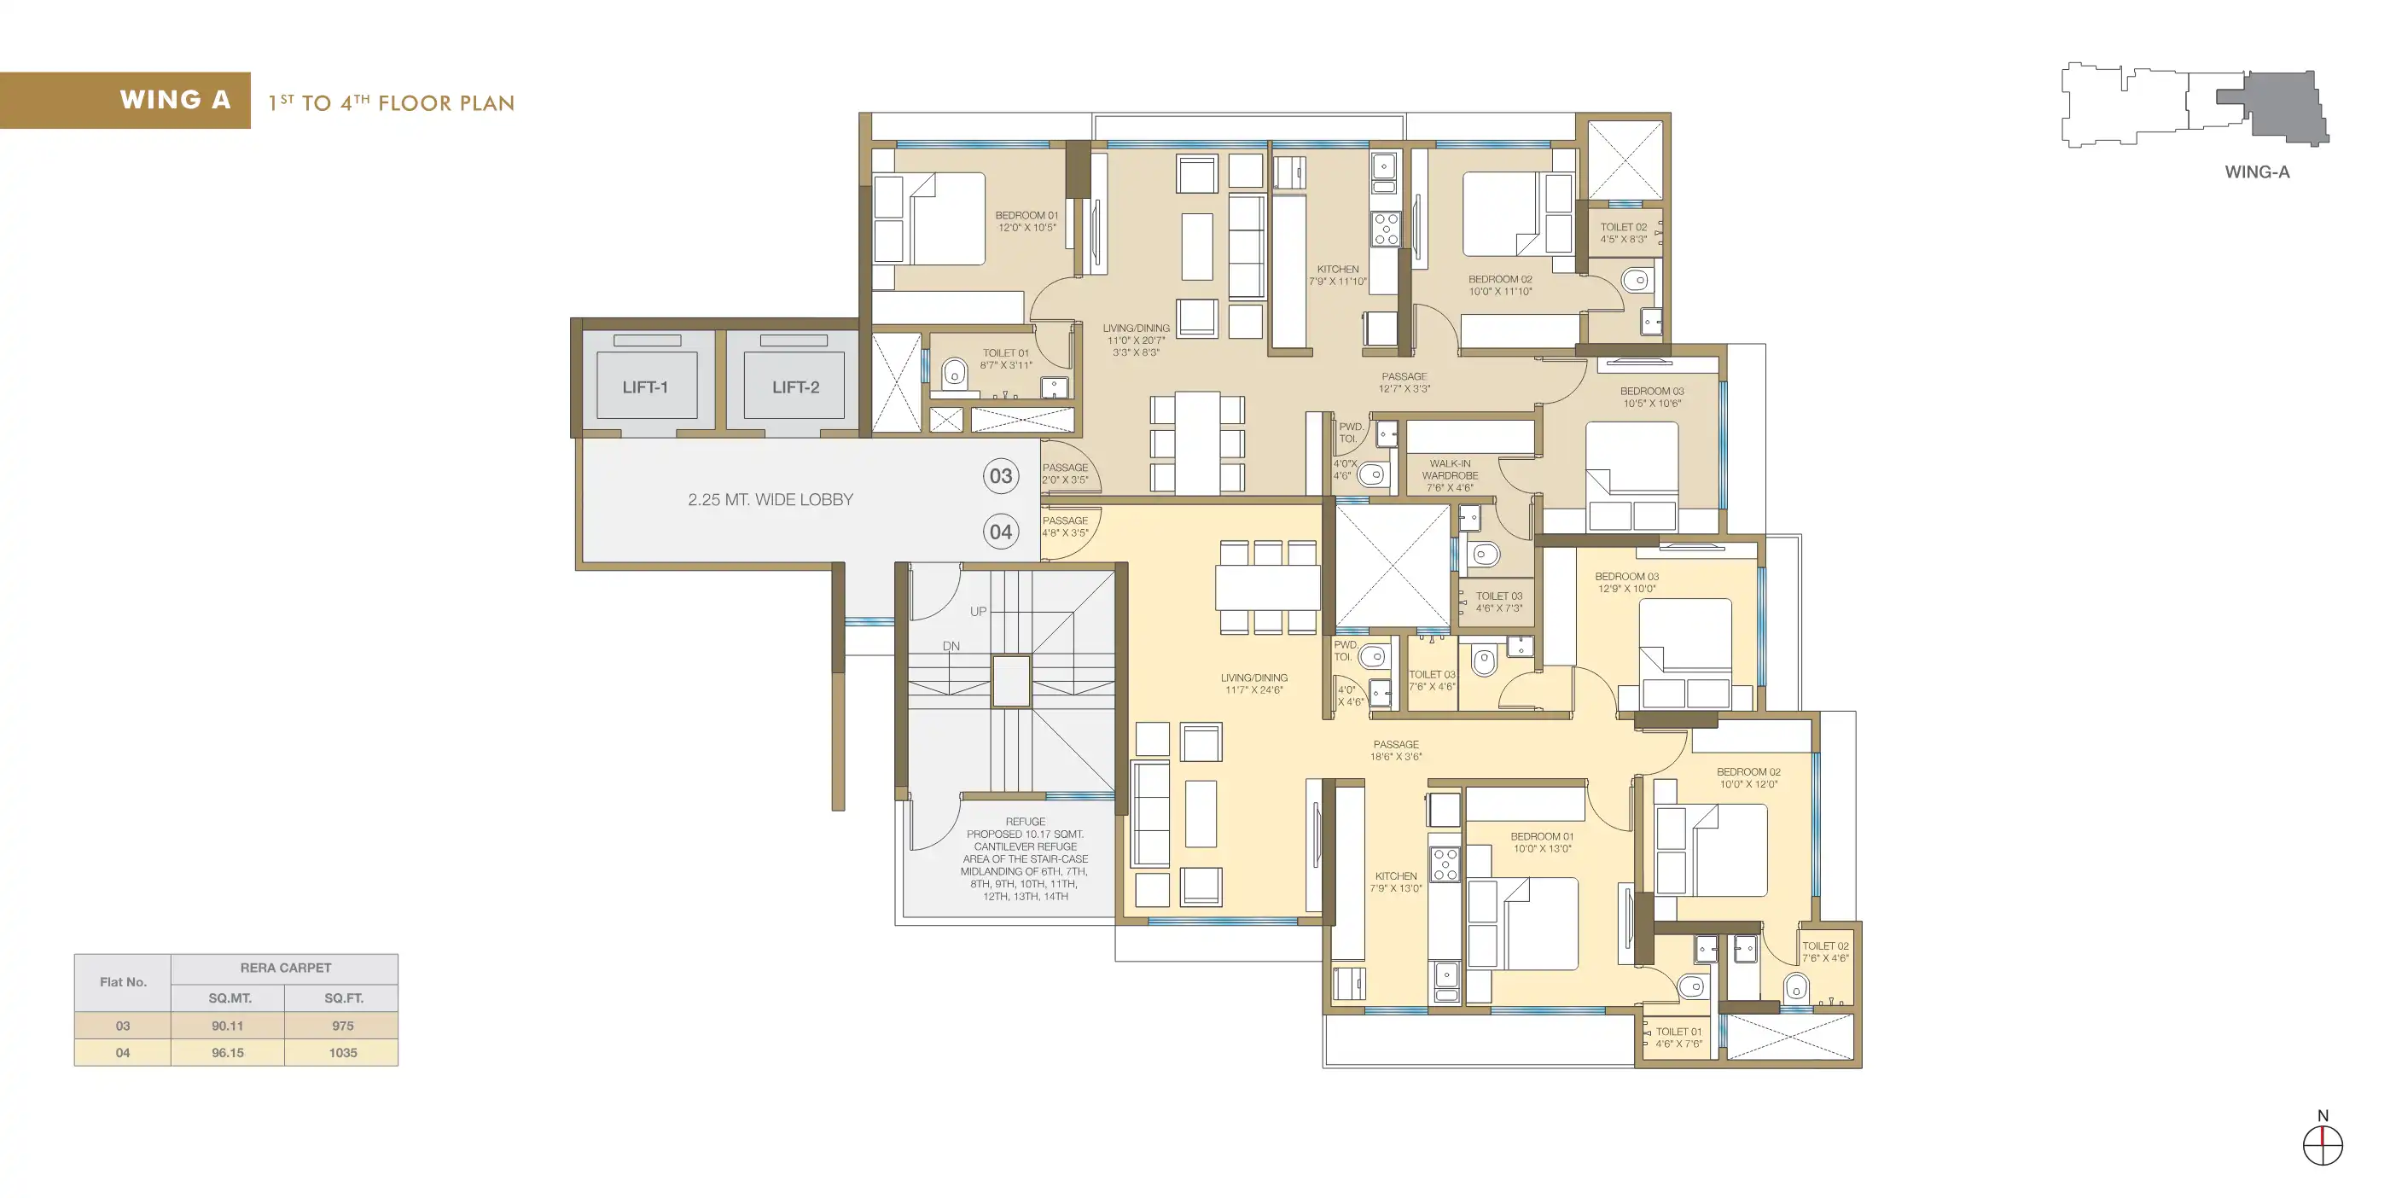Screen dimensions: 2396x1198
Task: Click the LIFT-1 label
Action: [646, 387]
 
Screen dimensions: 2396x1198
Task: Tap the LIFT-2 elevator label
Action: [795, 387]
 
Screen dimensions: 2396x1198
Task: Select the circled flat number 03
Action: [1001, 476]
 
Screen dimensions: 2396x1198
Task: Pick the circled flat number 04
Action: [1001, 532]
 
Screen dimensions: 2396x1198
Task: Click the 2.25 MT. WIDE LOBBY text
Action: [771, 499]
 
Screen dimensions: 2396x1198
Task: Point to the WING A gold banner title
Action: [175, 100]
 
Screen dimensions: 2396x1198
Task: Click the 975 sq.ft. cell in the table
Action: [342, 1026]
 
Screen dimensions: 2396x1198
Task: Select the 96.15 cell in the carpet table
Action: [228, 1053]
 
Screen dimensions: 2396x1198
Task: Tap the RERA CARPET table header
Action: [286, 968]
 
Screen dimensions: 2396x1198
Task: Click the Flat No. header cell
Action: [123, 982]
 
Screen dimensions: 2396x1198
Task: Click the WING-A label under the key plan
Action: [2258, 172]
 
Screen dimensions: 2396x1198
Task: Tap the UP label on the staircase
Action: [979, 611]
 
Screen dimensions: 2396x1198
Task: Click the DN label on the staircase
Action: [951, 646]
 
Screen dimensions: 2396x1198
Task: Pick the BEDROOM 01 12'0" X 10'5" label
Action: [1026, 221]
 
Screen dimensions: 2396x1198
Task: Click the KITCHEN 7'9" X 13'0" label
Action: [1396, 881]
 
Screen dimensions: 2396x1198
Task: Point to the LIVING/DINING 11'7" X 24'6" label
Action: [1253, 683]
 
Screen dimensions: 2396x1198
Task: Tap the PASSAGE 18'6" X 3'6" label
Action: [1396, 751]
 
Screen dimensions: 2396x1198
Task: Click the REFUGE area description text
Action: [1025, 859]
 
